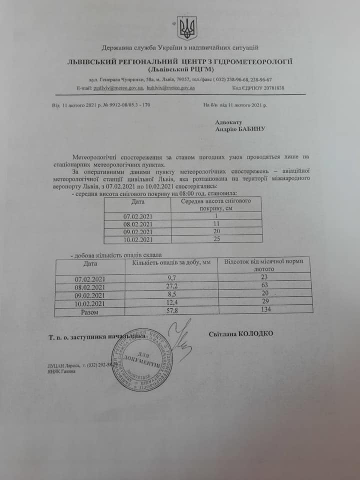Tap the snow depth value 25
click(x=216, y=240)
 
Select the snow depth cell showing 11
click(x=216, y=224)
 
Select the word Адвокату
click(x=228, y=121)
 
